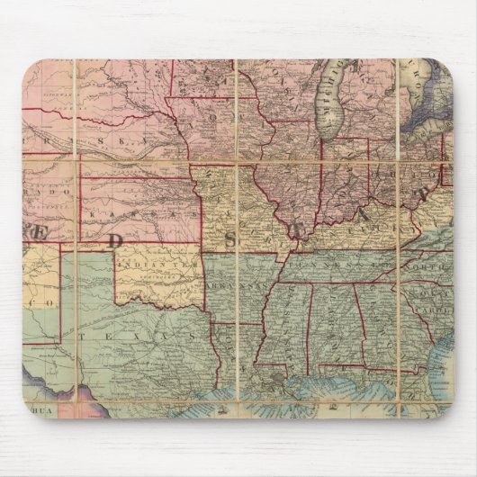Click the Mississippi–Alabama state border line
click(310, 324)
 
